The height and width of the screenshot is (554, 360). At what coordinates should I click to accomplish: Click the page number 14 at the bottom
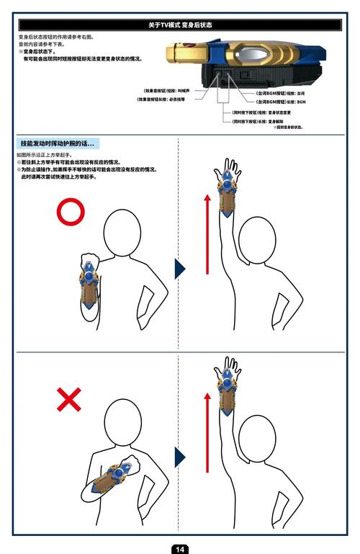(x=180, y=549)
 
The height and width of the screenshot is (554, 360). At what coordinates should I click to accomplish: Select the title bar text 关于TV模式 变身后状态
(x=180, y=25)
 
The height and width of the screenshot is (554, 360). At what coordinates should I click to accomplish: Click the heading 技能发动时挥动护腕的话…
(x=58, y=144)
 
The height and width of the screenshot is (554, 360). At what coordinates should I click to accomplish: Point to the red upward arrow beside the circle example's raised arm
(x=207, y=234)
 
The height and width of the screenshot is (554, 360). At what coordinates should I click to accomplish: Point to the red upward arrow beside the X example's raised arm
(x=207, y=432)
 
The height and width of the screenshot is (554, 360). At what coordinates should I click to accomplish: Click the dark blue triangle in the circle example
(x=179, y=269)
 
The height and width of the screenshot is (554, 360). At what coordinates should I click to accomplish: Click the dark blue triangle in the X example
(x=179, y=457)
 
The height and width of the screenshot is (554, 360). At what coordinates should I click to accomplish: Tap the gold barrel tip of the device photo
(x=176, y=53)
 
